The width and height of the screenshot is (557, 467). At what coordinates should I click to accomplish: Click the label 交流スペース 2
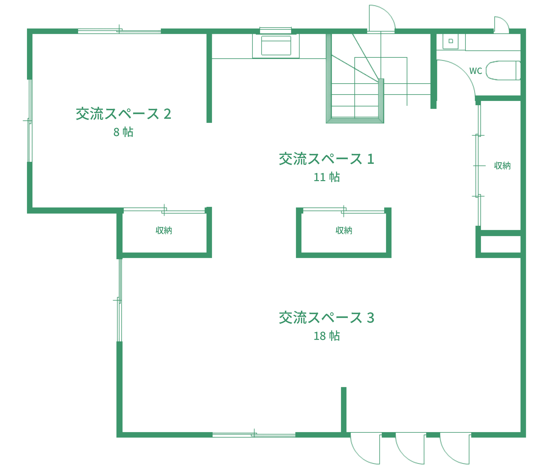(123, 114)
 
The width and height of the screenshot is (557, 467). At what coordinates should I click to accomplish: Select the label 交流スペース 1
(326, 159)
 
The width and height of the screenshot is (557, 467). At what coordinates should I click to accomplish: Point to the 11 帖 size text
(326, 177)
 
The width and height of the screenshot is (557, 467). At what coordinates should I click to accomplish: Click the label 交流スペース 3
(326, 318)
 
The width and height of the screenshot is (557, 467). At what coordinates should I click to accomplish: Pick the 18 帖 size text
(326, 336)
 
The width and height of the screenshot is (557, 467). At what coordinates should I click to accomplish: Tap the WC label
(476, 71)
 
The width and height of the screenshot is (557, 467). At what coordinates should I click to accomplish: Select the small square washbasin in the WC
(451, 41)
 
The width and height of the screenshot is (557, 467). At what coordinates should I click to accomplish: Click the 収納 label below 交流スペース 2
(164, 230)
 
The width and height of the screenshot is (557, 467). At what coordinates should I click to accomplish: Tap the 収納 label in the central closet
(344, 230)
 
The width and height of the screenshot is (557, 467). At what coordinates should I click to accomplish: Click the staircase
(355, 88)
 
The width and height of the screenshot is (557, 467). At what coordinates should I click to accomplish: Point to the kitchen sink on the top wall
(276, 46)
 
